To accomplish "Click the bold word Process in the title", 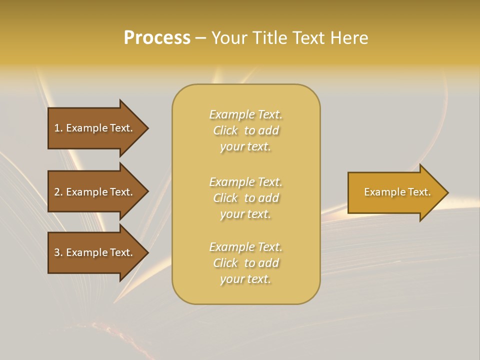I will tap(157, 38).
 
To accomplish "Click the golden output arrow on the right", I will tap(395, 192).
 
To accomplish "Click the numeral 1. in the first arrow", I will tap(58, 128).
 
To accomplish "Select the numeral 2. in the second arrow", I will tap(58, 192).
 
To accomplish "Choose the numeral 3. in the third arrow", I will tap(58, 252).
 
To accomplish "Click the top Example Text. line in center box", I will tap(245, 114).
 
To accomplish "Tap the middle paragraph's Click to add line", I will tap(245, 198).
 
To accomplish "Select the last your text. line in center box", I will tap(245, 279).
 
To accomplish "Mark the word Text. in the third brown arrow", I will tap(121, 252).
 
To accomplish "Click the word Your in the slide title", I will tap(229, 38).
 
